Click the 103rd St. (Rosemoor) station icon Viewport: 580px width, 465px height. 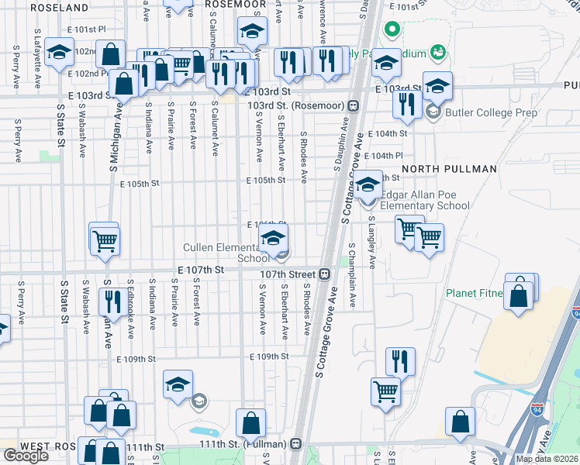pyautogui.click(x=353, y=105)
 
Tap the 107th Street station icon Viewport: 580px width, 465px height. pyautogui.click(x=325, y=274)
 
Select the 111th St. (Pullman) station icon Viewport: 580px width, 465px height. pyautogui.click(x=295, y=444)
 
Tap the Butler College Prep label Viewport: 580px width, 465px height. pyautogui.click(x=481, y=112)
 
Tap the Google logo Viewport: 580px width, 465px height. pyautogui.click(x=26, y=456)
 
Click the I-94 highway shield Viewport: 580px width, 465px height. pyautogui.click(x=575, y=312)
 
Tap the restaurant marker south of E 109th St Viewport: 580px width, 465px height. pyautogui.click(x=400, y=361)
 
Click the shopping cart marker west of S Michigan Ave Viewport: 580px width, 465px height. pyautogui.click(x=104, y=239)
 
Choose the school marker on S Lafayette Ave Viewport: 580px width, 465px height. pyautogui.click(x=59, y=53)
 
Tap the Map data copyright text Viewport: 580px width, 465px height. pyautogui.click(x=547, y=459)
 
